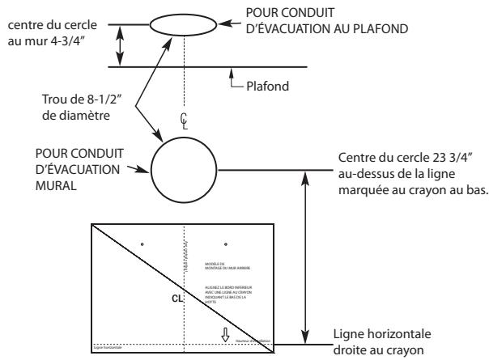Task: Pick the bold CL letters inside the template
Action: coord(176,299)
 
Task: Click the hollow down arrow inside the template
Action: coord(226,335)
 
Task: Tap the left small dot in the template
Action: coord(142,243)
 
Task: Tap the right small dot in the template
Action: coord(226,243)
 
